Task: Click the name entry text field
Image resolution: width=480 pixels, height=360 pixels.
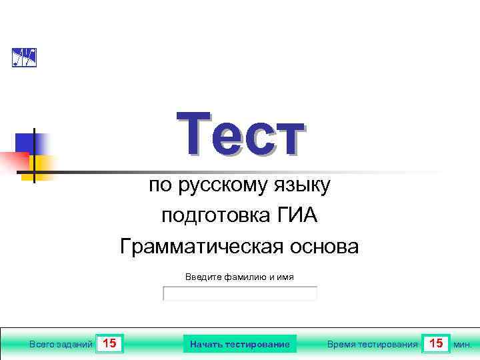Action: coord(240,294)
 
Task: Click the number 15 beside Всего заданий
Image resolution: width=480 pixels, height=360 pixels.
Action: coord(110,344)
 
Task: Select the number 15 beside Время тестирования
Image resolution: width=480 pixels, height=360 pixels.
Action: coord(437,344)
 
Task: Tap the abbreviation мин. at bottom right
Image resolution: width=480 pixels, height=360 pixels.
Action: coord(463,345)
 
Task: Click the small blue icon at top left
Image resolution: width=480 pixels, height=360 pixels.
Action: coord(24,58)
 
